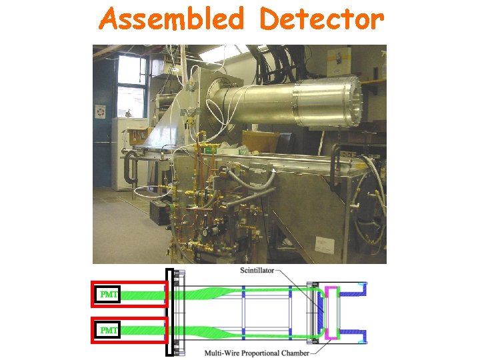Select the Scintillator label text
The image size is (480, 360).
click(261, 270)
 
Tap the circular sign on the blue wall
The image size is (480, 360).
click(101, 111)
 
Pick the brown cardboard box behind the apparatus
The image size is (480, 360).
click(261, 141)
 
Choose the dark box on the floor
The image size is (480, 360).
click(158, 211)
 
